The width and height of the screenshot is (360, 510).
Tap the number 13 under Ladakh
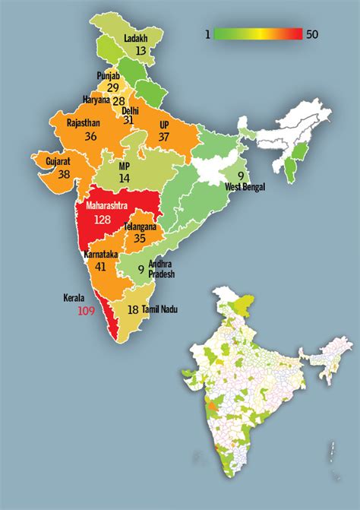point(141,51)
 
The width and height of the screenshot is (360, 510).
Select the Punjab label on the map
point(109,76)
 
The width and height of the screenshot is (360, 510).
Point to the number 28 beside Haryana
point(118,101)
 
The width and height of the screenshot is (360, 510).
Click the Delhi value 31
point(128,120)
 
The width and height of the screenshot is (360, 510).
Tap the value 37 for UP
point(164,136)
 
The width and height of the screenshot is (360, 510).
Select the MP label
point(125,165)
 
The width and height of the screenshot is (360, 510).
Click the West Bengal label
point(244,186)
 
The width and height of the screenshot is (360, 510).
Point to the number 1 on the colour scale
point(206,33)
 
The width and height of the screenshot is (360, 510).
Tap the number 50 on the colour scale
point(314,33)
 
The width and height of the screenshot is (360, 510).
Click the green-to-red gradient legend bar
point(258,33)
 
